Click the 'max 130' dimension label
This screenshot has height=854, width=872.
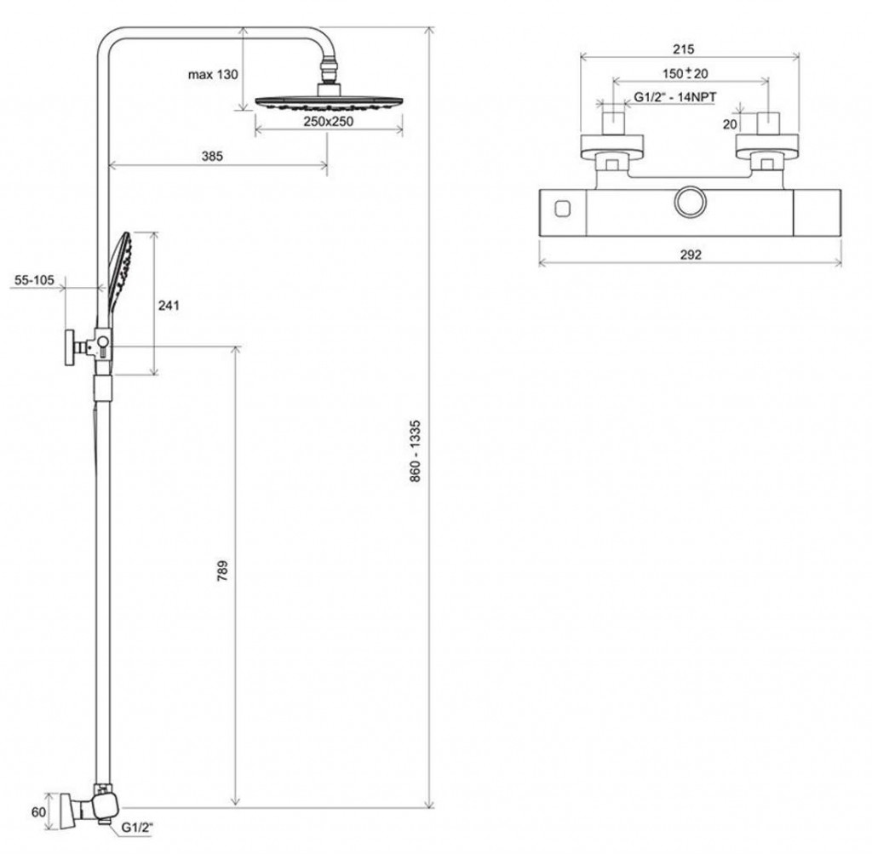(213, 75)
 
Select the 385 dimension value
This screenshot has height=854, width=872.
(212, 156)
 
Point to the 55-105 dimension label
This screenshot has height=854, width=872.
(33, 278)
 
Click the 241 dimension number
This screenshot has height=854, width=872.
(170, 305)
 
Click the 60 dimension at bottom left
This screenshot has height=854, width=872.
(38, 811)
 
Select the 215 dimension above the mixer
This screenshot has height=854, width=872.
(683, 49)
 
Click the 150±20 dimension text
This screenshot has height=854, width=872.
(686, 74)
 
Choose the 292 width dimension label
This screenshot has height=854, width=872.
(691, 255)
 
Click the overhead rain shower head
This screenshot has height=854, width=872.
(329, 102)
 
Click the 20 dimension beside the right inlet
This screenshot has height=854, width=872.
(730, 124)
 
